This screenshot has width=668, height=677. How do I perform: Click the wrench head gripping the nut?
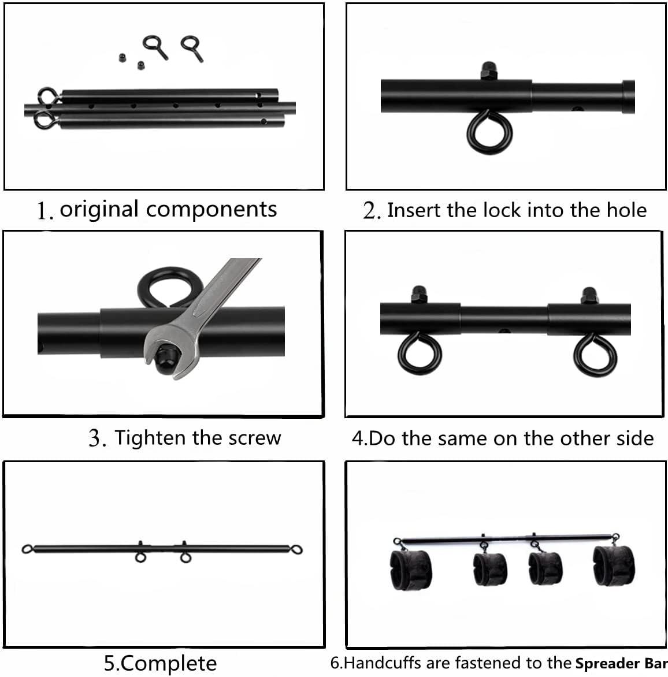tap(170, 354)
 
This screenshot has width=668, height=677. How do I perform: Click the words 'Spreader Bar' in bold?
tap(621, 663)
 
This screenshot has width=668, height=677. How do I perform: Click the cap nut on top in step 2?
tap(489, 70)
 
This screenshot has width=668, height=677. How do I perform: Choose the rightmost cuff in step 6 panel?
tap(614, 566)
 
